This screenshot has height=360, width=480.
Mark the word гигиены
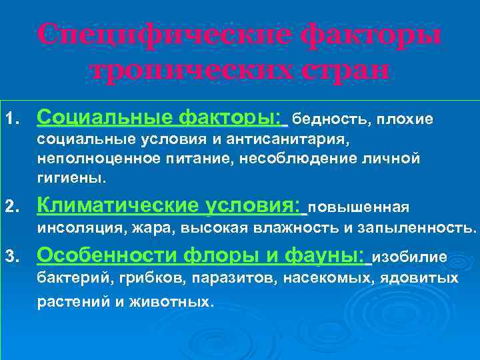(x=71, y=179)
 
